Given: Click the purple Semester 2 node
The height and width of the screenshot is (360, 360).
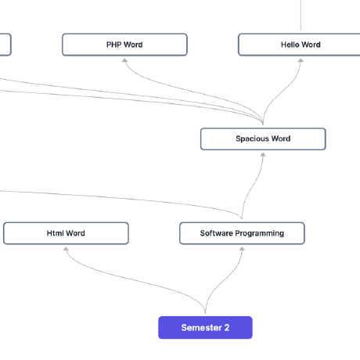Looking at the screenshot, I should tap(205, 327).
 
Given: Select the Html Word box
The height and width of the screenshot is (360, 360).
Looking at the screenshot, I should tap(66, 233).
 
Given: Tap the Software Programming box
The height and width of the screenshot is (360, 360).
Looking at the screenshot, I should tap(242, 233).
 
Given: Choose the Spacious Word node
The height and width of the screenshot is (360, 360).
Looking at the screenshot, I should tap(263, 139).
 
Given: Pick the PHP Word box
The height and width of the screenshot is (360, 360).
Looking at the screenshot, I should tap(124, 45).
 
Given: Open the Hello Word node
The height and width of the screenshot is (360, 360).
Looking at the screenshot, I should tap(301, 45).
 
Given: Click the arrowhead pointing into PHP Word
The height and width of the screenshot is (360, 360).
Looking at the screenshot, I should tap(124, 60).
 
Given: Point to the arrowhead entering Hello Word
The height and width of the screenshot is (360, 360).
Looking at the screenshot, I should tap(301, 60).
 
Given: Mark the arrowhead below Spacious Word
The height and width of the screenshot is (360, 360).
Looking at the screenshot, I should tap(263, 154).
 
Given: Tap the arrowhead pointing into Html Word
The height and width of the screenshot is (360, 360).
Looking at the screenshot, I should tap(67, 249).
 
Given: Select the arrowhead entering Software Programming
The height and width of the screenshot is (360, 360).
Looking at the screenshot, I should tap(242, 249).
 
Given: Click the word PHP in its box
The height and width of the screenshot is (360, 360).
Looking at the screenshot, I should tap(114, 45).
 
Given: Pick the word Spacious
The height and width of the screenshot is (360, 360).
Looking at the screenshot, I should tap(251, 139).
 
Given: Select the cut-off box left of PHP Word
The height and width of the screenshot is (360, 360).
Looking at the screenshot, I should tap(5, 45).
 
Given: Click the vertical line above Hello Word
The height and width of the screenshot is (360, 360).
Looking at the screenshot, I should tap(301, 16).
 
